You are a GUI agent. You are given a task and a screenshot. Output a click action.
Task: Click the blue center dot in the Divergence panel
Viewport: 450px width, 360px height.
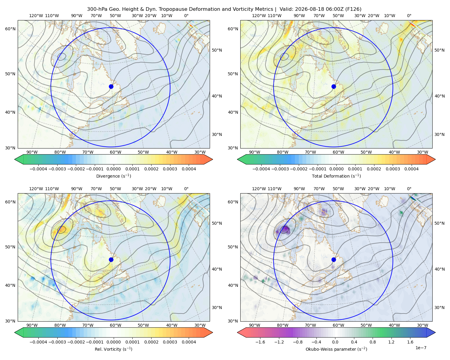[x=111, y=86]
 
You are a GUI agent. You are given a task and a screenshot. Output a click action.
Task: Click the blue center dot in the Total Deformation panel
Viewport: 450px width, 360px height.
[x=334, y=86]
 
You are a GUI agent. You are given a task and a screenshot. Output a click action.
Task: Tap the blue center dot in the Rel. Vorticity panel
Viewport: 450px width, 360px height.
[x=111, y=259]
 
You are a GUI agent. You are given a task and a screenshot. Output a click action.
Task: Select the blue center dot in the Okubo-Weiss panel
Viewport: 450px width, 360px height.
[x=334, y=259]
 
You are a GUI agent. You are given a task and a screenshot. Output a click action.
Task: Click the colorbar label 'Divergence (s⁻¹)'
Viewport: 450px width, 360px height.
[x=113, y=176]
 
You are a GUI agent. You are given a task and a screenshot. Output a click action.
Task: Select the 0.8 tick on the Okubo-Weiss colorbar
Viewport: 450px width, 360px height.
[x=373, y=342]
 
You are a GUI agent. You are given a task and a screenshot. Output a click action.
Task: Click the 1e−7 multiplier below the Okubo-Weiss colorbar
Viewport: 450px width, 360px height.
[x=421, y=348]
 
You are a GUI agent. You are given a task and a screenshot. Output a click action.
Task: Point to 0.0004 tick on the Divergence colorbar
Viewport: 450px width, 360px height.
[x=189, y=169]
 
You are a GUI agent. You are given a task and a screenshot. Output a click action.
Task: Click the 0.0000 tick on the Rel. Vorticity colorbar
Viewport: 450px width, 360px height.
[x=113, y=342]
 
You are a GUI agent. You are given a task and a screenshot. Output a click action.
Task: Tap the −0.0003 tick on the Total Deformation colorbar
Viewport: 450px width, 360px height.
[x=280, y=169]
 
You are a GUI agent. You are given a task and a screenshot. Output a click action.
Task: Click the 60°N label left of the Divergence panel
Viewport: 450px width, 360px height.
[x=10, y=29]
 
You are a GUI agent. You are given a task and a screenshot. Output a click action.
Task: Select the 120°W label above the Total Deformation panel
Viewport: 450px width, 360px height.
[x=259, y=16]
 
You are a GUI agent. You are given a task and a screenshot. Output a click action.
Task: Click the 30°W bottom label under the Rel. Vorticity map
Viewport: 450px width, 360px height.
[x=200, y=325]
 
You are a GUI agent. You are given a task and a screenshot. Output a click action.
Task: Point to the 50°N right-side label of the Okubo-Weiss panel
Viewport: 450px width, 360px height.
[x=439, y=223]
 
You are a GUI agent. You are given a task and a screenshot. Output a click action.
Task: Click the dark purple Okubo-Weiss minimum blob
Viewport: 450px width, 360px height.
[x=284, y=230]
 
